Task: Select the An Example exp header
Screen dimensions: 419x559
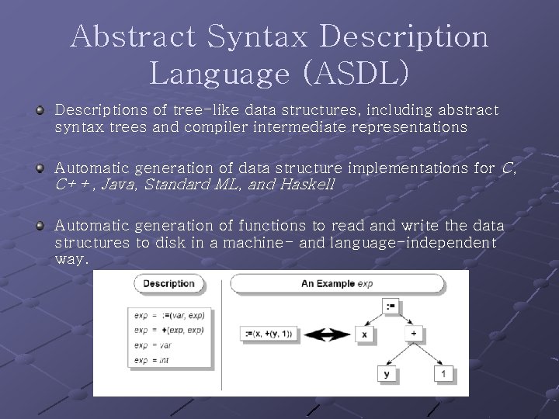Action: [337, 284]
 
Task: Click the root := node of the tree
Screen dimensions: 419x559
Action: [390, 306]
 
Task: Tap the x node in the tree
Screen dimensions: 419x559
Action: [363, 334]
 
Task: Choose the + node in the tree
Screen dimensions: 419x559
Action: [413, 334]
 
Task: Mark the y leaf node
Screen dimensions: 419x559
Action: [388, 374]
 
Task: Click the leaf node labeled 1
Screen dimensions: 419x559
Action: [443, 374]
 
